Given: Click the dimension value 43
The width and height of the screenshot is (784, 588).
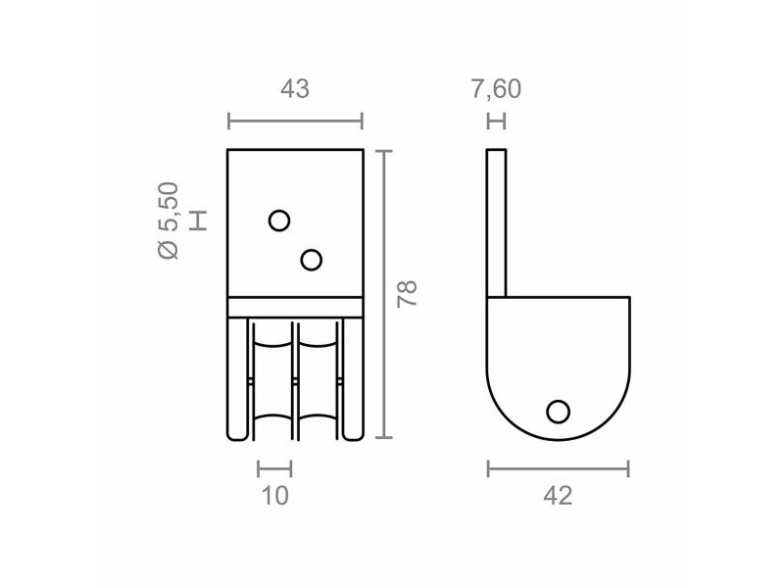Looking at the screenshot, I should [295, 89].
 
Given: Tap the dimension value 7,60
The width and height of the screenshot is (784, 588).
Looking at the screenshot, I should [496, 89].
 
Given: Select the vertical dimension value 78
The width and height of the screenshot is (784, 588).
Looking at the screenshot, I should [409, 294].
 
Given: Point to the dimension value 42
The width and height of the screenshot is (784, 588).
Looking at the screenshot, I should [557, 496].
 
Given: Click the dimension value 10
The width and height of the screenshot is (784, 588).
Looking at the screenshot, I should [275, 496].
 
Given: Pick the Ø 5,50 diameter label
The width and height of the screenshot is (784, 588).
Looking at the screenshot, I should [169, 220].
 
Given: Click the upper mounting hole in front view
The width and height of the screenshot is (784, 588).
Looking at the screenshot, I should [279, 220].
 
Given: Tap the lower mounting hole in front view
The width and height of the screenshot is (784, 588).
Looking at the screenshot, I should [312, 260].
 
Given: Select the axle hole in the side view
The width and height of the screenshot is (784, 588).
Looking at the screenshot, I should [559, 411].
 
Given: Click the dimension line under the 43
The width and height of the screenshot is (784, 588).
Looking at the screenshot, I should [295, 122].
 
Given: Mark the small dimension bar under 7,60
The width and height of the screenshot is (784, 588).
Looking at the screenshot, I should [497, 122].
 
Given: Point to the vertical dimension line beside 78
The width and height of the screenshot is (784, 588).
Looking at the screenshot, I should [384, 294].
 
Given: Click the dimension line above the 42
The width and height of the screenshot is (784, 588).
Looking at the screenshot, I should [558, 469].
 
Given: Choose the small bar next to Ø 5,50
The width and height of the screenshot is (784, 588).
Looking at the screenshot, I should [200, 220].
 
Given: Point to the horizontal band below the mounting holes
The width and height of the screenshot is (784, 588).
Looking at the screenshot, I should [295, 307].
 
